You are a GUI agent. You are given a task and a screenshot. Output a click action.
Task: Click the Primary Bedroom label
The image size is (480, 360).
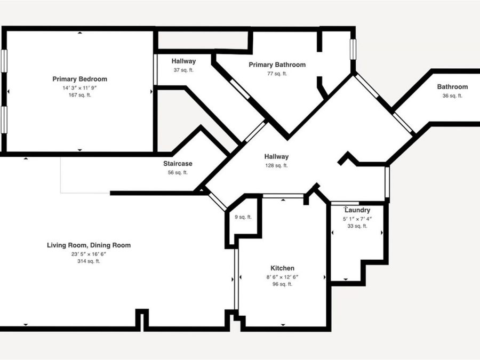pyautogui.click(x=80, y=79)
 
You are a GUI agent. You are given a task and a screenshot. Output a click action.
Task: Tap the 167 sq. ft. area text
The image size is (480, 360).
pyautogui.click(x=80, y=95)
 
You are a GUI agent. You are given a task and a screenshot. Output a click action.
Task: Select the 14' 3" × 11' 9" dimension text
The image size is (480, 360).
pyautogui.click(x=80, y=88)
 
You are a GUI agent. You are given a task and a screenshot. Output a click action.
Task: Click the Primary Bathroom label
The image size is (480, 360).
pyautogui.click(x=277, y=65)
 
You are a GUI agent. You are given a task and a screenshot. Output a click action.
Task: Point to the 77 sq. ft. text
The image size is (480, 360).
pyautogui.click(x=277, y=74)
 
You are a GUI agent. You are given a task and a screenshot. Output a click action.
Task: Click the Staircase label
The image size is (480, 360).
pyautogui.click(x=178, y=164)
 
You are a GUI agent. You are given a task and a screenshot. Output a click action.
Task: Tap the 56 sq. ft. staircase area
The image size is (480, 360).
pyautogui.click(x=178, y=172)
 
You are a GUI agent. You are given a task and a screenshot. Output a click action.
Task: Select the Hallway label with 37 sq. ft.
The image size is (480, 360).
pyautogui.click(x=183, y=61)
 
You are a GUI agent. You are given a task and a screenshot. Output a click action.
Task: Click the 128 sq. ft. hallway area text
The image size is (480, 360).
pyautogui.click(x=276, y=165)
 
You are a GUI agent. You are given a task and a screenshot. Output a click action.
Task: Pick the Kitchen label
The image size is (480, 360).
pyautogui.click(x=282, y=268)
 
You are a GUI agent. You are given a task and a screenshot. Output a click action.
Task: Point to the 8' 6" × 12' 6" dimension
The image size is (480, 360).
pyautogui.click(x=282, y=277)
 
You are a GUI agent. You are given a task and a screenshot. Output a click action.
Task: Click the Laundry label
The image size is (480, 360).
pyautogui.click(x=357, y=210)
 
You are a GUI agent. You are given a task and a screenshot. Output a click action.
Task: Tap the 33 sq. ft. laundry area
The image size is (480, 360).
pyautogui.click(x=357, y=226)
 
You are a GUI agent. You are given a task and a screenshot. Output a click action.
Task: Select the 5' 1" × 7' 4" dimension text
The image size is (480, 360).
pyautogui.click(x=357, y=219)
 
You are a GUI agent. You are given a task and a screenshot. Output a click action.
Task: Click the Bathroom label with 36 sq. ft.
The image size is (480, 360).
pyautogui.click(x=452, y=86)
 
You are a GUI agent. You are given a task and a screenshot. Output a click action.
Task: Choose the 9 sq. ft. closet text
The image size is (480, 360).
pyautogui.click(x=243, y=217)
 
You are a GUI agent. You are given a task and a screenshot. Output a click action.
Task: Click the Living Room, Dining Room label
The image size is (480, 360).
pyautogui.click(x=89, y=245)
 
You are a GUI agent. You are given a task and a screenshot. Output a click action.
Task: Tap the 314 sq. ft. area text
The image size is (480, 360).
pyautogui.click(x=89, y=261)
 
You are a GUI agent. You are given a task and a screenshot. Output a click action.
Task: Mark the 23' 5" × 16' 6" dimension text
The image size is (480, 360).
pyautogui.click(x=89, y=254)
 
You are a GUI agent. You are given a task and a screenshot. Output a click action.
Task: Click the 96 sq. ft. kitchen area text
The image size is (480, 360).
pyautogui.click(x=282, y=284)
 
